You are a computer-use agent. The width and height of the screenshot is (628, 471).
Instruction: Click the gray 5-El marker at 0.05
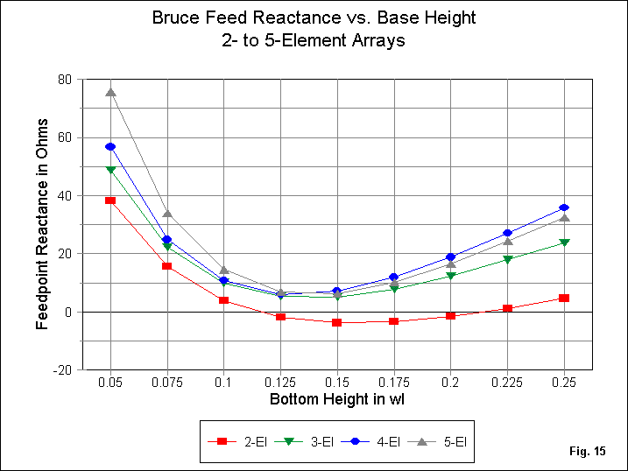click(110, 92)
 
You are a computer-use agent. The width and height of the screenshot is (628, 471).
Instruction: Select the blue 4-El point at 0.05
click(110, 146)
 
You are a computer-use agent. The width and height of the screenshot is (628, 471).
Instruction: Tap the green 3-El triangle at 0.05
click(110, 170)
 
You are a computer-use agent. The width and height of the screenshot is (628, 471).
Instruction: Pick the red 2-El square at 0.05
click(110, 200)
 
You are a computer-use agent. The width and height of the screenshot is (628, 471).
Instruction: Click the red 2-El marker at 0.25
click(564, 299)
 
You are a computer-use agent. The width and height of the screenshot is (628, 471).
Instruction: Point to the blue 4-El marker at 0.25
click(564, 207)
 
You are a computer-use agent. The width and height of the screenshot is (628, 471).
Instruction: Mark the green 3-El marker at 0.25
click(564, 243)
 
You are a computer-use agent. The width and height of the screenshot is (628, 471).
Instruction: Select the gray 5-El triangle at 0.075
click(167, 213)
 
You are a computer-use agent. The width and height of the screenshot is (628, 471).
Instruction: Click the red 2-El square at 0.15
click(337, 322)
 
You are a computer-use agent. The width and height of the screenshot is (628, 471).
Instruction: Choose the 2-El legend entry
click(242, 443)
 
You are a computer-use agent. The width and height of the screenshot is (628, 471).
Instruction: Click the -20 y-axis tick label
click(62, 370)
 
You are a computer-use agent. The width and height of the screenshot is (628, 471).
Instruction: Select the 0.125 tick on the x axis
click(280, 383)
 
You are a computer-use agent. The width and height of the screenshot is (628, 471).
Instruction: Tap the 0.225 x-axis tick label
click(507, 383)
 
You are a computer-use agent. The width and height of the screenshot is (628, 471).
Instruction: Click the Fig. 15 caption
click(587, 452)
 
